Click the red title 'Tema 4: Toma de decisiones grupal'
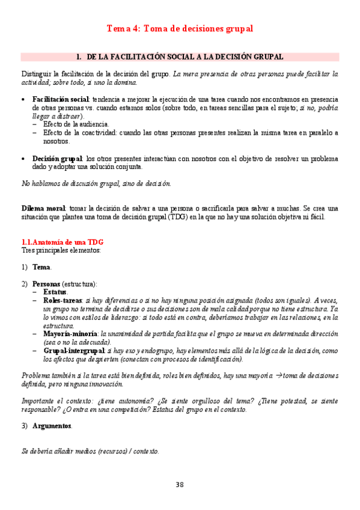point(180,28)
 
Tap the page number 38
point(180,485)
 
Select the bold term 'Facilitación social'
point(61,99)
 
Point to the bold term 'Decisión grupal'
point(57,158)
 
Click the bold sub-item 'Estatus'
point(55,292)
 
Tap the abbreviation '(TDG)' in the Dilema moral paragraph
point(178,217)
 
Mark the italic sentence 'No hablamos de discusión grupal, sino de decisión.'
point(96,183)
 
